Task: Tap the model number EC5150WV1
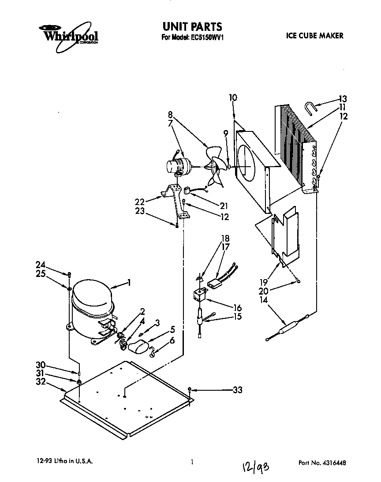coord(202,37)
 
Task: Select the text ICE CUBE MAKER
coord(315,36)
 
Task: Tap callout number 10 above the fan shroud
coord(233,97)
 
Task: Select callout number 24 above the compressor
coord(40,265)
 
